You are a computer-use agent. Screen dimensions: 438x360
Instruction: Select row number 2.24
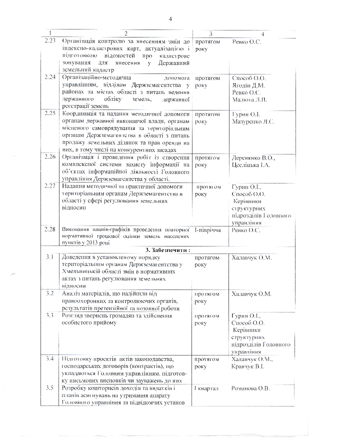[x=49, y=78]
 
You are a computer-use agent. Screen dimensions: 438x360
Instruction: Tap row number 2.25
[x=49, y=114]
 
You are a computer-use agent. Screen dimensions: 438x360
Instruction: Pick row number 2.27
[x=49, y=186]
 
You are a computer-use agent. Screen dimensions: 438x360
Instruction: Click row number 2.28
[x=49, y=229]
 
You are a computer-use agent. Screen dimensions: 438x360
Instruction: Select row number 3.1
[x=49, y=257]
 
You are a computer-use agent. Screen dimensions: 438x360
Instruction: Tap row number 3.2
[x=49, y=293]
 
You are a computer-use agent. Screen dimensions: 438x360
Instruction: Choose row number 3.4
[x=49, y=359]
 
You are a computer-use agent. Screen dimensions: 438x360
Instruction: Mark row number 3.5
[x=49, y=388]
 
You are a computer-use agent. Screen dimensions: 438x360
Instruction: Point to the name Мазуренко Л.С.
[x=253, y=121]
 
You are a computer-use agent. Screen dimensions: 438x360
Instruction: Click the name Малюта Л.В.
[x=250, y=99]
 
